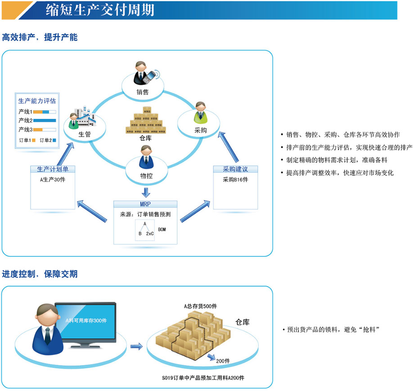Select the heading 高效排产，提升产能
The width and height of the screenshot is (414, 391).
pos(40,37)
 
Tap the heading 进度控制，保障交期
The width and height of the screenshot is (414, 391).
pos(40,274)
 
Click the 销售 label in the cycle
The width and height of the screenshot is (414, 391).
pos(143,93)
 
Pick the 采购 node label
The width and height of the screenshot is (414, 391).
pos(200,130)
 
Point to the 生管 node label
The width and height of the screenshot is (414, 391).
pos(85,134)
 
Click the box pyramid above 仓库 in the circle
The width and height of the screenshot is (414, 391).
pos(145,121)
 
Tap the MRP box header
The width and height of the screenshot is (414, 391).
pos(145,204)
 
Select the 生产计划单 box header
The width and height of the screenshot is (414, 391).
pos(53,169)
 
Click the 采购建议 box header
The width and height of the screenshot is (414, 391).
pos(235,169)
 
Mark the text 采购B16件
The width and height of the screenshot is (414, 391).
pos(235,180)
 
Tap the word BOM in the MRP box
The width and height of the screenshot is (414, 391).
pos(162,229)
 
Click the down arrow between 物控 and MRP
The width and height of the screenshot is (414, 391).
pos(145,192)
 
